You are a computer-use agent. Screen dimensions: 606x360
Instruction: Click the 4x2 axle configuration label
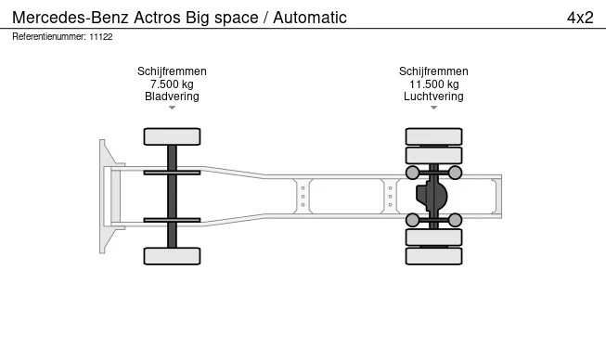coord(580,18)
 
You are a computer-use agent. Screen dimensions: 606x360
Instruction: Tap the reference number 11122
coord(101,37)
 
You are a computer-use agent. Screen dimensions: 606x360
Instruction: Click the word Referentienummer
coord(49,37)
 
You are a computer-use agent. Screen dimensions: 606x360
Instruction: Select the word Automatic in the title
coord(310,18)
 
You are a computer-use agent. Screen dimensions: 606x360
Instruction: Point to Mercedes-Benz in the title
coord(71,18)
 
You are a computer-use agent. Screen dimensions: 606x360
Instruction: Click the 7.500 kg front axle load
coord(172,84)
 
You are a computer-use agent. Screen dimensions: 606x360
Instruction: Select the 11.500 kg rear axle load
coord(434,84)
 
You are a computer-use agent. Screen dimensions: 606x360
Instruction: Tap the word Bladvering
coord(172,96)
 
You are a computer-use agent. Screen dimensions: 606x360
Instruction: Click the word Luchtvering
coord(433,96)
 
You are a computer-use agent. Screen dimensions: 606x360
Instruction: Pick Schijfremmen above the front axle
coord(172,71)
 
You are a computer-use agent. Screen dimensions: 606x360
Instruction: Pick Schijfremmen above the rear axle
coord(433,71)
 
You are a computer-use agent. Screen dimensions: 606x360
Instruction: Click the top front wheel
coord(172,136)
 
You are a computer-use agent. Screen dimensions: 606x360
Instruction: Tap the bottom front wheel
coord(172,256)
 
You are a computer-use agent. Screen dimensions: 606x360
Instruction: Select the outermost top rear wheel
coord(433,136)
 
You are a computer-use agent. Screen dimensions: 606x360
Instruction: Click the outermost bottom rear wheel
coord(433,256)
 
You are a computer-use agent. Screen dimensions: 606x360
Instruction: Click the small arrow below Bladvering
coord(172,108)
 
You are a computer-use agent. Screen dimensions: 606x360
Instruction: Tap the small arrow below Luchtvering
coord(433,108)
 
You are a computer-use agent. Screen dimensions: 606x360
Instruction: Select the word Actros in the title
coord(157,18)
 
